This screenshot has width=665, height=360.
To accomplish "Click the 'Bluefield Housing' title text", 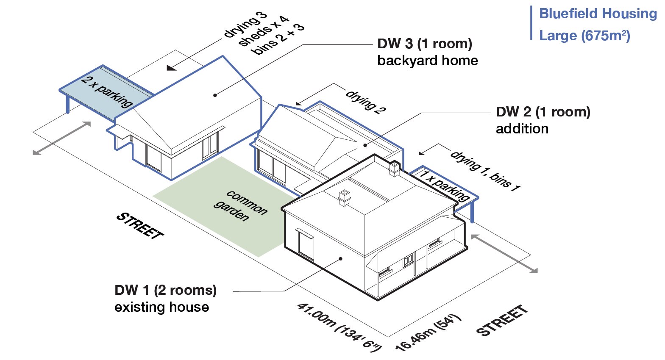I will coord(598,14).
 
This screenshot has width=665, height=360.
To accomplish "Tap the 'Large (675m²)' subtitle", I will coord(584,36).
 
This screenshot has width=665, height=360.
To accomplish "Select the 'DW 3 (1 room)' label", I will coord(425,44).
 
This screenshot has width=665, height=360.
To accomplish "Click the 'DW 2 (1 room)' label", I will coord(543,112).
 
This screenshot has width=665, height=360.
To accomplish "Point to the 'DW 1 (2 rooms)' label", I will coord(165,290).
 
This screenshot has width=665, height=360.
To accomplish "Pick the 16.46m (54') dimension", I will coord(428,332).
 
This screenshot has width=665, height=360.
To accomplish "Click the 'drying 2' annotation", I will coord(366,102).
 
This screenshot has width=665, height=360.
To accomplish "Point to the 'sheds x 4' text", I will coord(263,31).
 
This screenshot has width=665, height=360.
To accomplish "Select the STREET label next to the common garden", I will coord(140,225).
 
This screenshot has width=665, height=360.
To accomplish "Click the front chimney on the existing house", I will coord(345,197).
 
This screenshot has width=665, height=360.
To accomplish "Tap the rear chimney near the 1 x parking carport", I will coord(394,168).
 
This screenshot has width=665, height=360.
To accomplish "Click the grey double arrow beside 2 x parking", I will coord(62,138).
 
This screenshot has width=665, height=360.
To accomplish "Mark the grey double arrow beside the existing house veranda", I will coord(504,253).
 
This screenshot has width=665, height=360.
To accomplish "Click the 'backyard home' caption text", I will coord(427,61).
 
